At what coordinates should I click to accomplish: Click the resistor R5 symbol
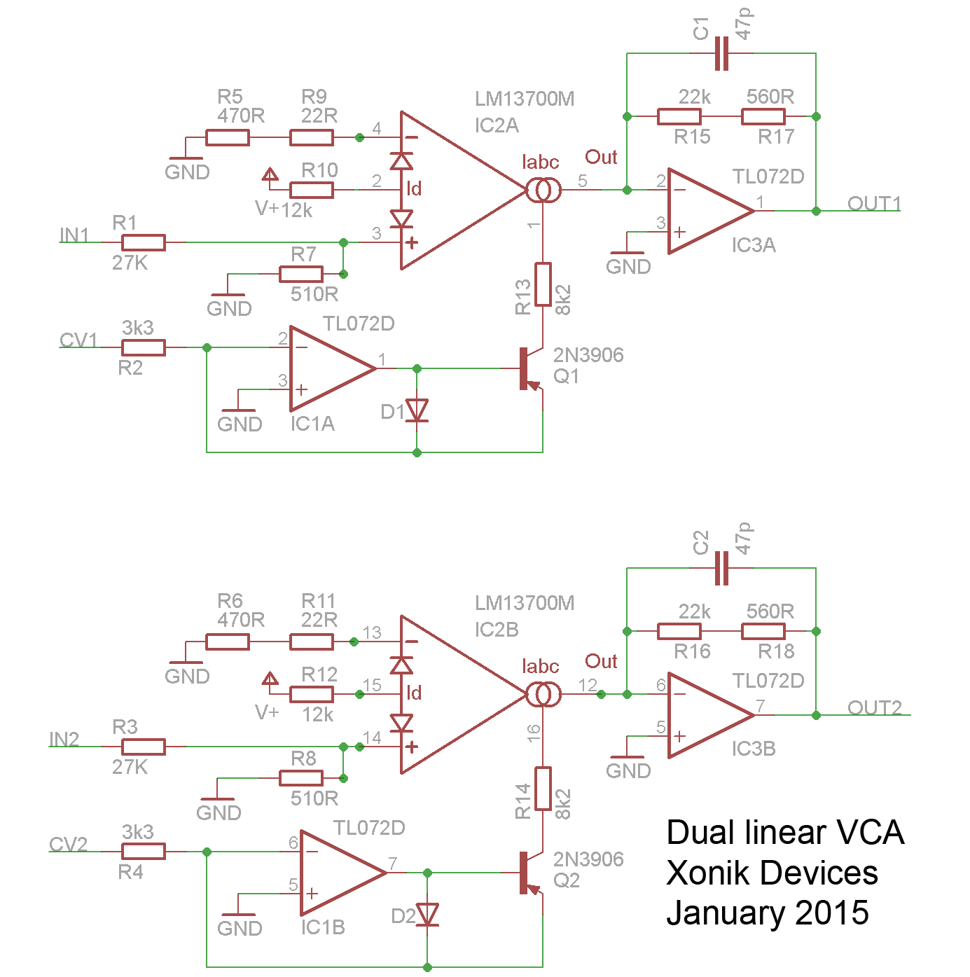(227, 137)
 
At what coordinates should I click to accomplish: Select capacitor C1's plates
(721, 53)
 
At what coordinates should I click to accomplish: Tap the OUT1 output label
(874, 203)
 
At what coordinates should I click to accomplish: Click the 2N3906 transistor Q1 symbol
(531, 369)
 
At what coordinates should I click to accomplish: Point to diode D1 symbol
(417, 410)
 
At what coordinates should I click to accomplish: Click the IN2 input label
(64, 739)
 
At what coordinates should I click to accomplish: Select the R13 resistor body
(543, 284)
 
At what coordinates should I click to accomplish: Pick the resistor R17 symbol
(763, 117)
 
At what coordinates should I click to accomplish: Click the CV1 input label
(78, 340)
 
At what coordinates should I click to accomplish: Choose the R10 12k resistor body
(312, 190)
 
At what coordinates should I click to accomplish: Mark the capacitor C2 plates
(721, 568)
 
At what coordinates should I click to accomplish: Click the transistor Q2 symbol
(531, 873)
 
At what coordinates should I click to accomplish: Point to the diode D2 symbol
(427, 915)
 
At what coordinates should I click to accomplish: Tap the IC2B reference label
(497, 629)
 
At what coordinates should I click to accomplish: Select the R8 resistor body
(300, 778)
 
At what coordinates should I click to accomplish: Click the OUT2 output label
(875, 707)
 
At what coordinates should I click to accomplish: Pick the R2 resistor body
(143, 348)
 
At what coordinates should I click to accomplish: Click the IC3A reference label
(754, 245)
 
